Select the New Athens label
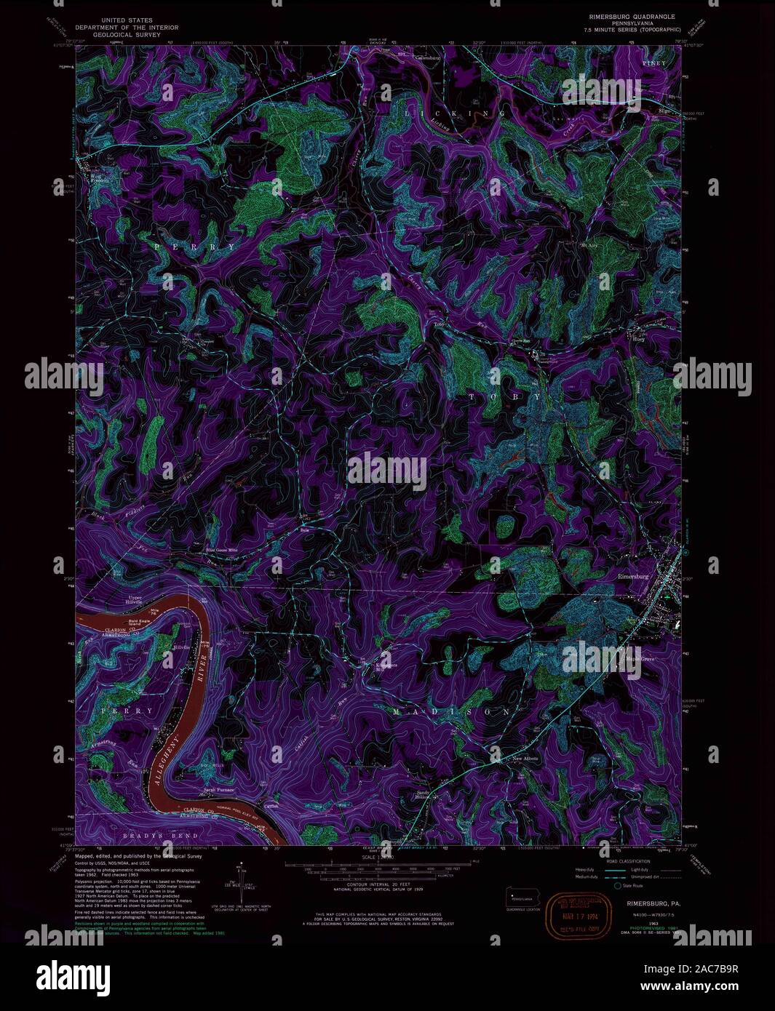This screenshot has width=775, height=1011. point(525,759)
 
